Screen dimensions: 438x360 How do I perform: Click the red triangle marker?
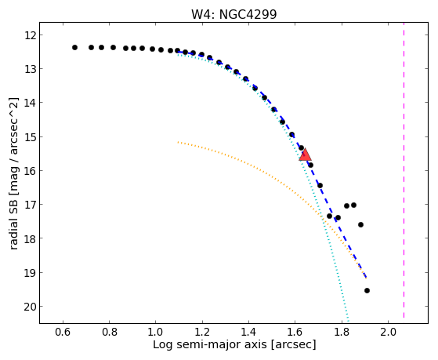click(x=305, y=155)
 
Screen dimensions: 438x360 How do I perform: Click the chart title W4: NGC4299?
click(x=233, y=14)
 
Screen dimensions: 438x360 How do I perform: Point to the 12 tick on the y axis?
click(x=41, y=35)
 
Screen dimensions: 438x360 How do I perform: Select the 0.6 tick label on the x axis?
click(x=63, y=332)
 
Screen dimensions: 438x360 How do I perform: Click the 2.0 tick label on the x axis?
click(x=389, y=332)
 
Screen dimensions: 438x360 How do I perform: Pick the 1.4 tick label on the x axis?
click(x=248, y=332)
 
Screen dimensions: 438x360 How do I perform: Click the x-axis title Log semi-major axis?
click(x=209, y=344)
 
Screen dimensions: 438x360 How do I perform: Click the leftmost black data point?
click(x=74, y=48)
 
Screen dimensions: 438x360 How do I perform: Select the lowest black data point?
click(x=367, y=291)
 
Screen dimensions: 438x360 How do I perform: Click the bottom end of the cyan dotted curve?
click(x=349, y=322)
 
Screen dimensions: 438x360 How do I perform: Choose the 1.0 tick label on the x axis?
click(x=156, y=332)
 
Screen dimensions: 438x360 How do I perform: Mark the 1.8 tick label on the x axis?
click(x=342, y=332)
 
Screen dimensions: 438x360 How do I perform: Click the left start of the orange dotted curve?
click(x=178, y=142)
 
